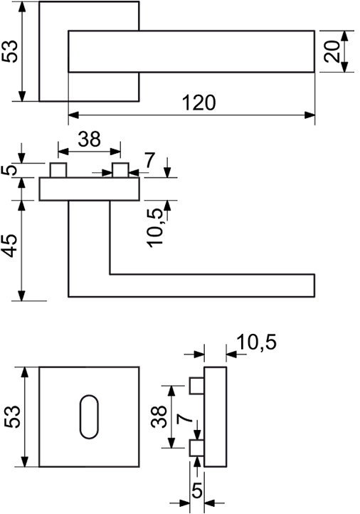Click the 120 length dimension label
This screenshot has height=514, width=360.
click(198, 103)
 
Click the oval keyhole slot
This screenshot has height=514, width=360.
click(89, 416)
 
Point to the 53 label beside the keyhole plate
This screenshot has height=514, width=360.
click(13, 416)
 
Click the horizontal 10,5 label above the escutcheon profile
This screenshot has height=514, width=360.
click(257, 342)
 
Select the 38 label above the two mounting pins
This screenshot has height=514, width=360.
click(89, 139)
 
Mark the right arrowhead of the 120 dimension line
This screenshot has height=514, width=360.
click(309, 115)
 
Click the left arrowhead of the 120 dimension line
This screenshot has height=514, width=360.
click(74, 115)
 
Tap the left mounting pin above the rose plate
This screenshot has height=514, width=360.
click(58, 170)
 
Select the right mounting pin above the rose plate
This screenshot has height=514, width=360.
click(120, 170)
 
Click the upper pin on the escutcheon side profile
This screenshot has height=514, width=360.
click(197, 386)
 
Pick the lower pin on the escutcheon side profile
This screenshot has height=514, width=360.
click(197, 448)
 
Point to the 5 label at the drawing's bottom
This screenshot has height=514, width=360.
click(196, 491)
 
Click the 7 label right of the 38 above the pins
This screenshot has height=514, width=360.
click(149, 161)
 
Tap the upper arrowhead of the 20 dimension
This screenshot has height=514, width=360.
click(344, 36)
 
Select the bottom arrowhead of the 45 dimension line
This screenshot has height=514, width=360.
click(21, 295)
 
